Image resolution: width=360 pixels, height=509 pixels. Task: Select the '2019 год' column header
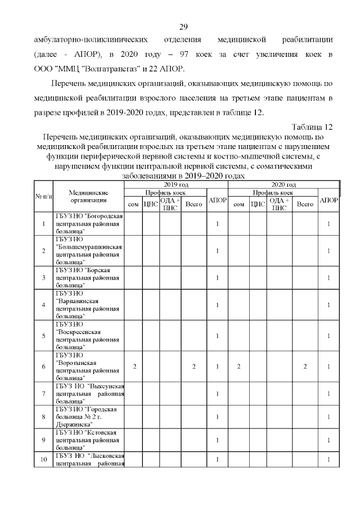click(x=176, y=184)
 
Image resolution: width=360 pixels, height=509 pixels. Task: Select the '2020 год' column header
click(x=283, y=184)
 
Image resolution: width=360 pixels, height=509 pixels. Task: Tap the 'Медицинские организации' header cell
click(x=88, y=196)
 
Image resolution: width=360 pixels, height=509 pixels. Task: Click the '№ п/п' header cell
click(x=43, y=196)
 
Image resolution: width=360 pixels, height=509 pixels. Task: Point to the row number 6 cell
click(x=43, y=367)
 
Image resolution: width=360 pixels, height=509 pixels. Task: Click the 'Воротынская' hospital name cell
click(x=88, y=367)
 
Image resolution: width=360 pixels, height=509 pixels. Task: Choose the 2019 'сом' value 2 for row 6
click(x=134, y=367)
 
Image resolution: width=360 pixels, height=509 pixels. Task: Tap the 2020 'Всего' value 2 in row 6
click(x=305, y=367)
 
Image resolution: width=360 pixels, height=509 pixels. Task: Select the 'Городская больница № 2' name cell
click(x=88, y=417)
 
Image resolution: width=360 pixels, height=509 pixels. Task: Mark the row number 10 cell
click(x=43, y=460)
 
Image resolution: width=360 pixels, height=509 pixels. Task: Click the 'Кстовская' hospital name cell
click(x=88, y=440)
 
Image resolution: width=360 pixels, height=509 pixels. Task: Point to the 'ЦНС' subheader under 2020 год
click(x=258, y=204)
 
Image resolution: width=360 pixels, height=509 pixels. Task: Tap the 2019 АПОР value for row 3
click(x=217, y=278)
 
